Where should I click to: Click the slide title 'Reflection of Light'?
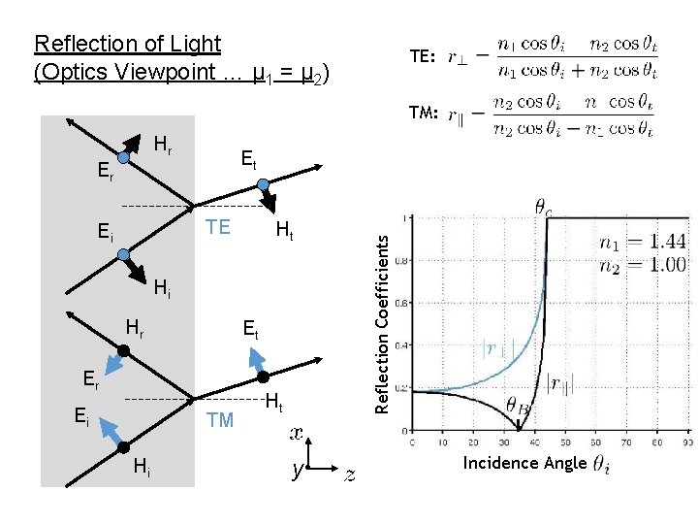(x=127, y=44)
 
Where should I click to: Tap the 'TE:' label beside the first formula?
(x=423, y=57)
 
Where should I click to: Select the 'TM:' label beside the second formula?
(x=424, y=114)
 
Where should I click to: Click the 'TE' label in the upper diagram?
(x=218, y=227)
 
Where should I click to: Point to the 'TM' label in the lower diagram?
(x=220, y=420)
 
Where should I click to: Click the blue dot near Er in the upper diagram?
(x=124, y=157)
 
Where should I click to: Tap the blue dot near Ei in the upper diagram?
(x=123, y=254)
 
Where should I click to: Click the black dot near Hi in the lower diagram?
(x=123, y=446)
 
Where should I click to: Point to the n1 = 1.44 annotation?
(x=642, y=243)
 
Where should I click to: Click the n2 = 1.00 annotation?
(x=642, y=263)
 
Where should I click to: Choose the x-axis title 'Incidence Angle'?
(x=524, y=463)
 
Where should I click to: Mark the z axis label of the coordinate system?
(x=350, y=474)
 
